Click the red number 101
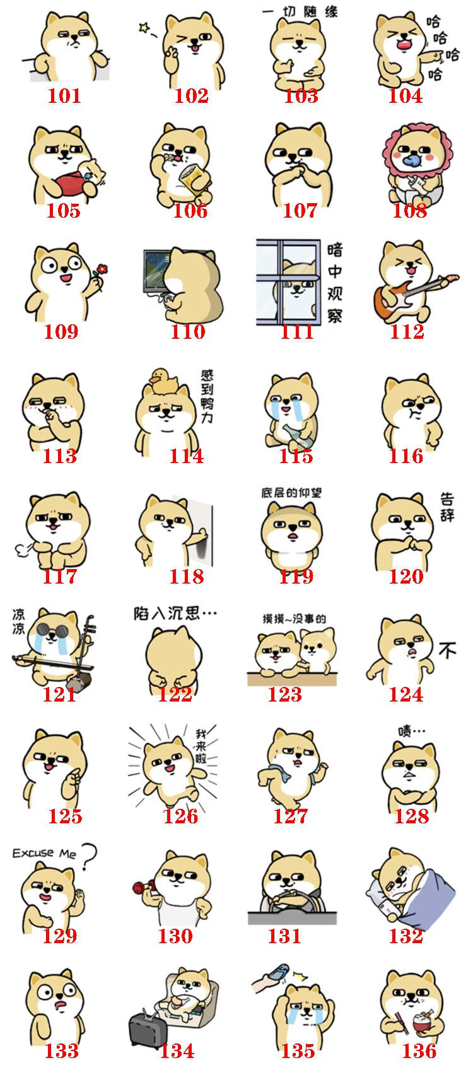(64, 96)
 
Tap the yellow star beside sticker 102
(144, 27)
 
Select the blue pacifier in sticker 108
(412, 160)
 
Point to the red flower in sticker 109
(101, 270)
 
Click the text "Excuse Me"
(44, 853)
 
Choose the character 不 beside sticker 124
(447, 650)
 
